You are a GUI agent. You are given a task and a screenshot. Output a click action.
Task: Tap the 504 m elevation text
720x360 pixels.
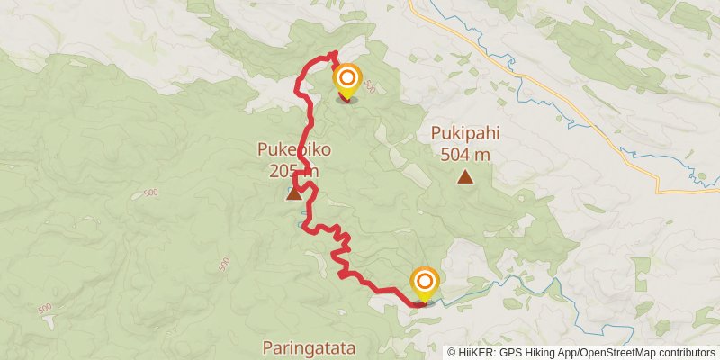(464, 154)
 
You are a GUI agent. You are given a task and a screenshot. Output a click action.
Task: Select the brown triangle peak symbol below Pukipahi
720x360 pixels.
(464, 177)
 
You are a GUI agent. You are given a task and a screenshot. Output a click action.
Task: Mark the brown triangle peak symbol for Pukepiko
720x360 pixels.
(294, 193)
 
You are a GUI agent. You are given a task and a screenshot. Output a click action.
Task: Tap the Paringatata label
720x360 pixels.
(310, 346)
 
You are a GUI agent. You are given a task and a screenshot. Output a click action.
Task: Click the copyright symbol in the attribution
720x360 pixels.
(452, 353)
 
